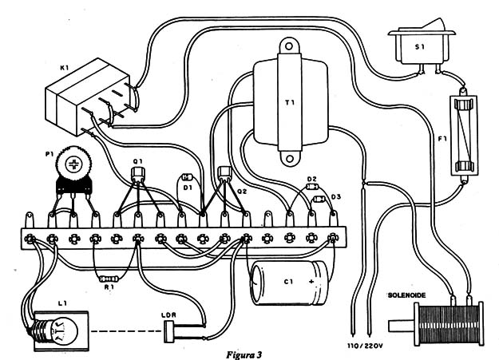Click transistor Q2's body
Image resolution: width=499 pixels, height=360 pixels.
click(224, 173)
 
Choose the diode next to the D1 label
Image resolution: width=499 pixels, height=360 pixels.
click(188, 177)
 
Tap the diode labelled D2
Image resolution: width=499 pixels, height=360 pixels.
click(311, 188)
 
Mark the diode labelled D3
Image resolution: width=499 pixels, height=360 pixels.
click(317, 199)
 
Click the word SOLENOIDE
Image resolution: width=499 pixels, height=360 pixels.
click(408, 295)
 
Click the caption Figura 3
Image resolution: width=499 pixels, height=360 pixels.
click(245, 352)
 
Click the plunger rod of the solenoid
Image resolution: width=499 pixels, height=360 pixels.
click(397, 326)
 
